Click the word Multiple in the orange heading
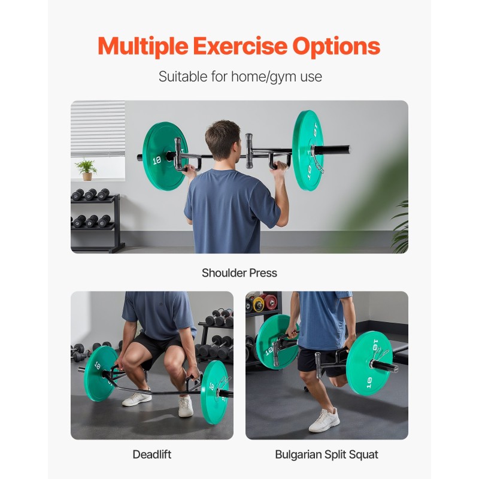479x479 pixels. (x=143, y=46)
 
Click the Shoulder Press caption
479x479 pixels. (x=239, y=273)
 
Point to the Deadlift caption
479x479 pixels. (x=152, y=454)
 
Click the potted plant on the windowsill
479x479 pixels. (x=86, y=169)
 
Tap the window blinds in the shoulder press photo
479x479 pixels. (x=98, y=129)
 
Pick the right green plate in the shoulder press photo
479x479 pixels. (x=308, y=150)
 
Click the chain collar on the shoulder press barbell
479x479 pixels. (x=318, y=162)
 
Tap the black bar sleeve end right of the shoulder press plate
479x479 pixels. (x=332, y=150)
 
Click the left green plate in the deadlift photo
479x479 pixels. (x=100, y=374)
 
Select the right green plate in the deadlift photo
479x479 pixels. (x=214, y=392)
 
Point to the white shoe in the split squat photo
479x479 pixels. (x=324, y=420)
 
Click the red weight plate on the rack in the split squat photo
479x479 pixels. (x=271, y=302)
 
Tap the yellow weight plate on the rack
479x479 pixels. (x=258, y=304)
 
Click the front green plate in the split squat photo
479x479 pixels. (x=369, y=363)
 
